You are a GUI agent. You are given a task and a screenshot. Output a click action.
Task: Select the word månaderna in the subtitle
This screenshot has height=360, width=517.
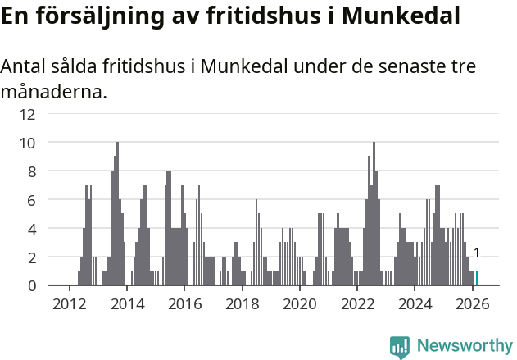[53, 92]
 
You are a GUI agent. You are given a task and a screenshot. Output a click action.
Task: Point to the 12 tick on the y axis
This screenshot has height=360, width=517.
[28, 114]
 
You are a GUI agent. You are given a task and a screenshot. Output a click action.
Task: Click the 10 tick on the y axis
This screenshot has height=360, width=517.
[28, 143]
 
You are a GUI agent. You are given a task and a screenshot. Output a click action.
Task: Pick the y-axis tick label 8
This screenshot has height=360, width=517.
[31, 171]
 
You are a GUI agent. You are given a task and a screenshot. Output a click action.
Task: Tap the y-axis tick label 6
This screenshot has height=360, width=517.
[31, 200]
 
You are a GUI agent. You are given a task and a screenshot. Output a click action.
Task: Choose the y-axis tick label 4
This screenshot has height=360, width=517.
[31, 229]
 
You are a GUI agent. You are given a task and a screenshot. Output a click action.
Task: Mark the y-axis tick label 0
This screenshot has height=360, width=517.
[31, 285]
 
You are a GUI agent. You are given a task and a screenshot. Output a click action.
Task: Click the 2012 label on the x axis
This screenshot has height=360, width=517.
[69, 303]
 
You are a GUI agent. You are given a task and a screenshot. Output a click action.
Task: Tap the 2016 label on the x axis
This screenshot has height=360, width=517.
[184, 303]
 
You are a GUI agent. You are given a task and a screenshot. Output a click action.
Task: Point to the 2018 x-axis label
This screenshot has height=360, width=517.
[242, 303]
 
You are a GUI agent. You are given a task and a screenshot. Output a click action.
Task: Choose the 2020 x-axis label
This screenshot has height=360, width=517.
[299, 303]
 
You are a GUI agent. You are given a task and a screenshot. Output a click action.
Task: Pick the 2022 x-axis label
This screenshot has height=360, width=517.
[357, 303]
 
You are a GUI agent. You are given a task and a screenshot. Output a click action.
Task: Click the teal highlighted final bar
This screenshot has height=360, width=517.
[477, 278]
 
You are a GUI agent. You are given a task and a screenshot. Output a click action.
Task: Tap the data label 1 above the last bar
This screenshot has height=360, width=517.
[477, 253]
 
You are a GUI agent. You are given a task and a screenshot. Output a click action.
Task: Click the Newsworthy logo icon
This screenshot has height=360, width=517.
[400, 347]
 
